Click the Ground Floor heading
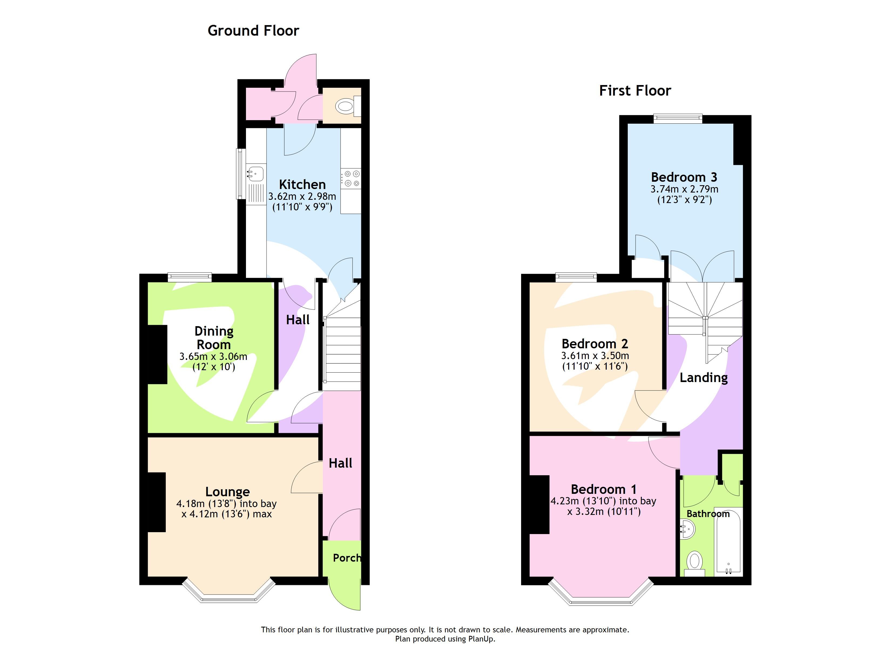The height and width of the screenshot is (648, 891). (253, 31)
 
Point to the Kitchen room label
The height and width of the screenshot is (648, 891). (302, 184)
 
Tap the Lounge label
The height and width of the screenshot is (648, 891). (227, 492)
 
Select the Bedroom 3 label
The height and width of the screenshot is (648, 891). (684, 177)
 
